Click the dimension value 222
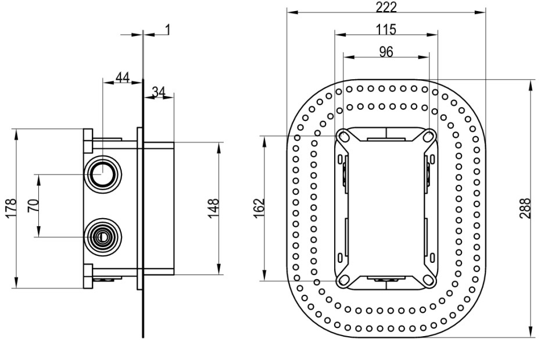[386, 6]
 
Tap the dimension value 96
[385, 51]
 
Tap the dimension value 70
[33, 205]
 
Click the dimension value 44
[121, 77]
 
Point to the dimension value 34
[158, 91]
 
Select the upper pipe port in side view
[102, 173]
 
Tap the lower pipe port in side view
[102, 237]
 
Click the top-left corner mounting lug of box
[343, 137]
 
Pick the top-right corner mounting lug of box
[429, 137]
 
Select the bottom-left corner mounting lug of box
[343, 280]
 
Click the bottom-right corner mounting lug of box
[429, 280]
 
